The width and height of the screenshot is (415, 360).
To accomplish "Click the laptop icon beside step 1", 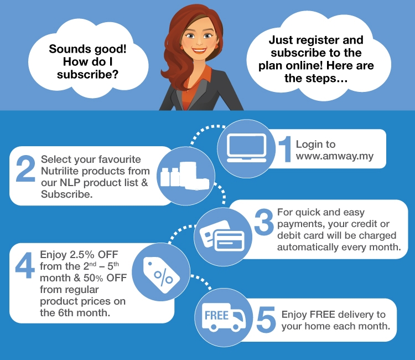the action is point(246,148).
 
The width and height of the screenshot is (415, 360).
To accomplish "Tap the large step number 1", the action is point(286,149).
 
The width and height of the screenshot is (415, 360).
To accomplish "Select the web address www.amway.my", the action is point(335,156).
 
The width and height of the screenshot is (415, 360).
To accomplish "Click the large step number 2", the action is point(25,169).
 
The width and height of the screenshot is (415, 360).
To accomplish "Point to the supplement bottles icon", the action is point(185,176).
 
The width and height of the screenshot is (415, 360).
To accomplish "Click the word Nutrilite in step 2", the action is point(60,171).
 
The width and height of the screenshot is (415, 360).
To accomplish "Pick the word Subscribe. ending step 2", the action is point(67,194).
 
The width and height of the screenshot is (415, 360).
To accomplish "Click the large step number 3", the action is point(264,222).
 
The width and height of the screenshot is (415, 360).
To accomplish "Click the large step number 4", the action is point(25,265).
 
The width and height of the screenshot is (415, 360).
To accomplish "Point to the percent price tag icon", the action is point(161,275).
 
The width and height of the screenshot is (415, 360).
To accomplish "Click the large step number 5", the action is point(266,319).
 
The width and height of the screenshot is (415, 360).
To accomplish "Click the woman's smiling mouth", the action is point(199,50).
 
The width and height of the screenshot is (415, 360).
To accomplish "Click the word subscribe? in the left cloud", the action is point(87,74).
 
